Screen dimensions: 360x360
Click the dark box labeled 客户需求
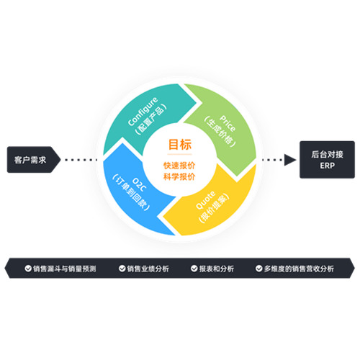[x=34, y=160]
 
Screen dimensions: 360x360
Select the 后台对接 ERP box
[x=327, y=160]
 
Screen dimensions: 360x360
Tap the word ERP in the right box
[x=327, y=166]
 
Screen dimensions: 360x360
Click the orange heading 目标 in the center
[x=180, y=145]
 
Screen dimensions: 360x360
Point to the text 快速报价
[x=179, y=166]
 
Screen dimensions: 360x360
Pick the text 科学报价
[x=179, y=177]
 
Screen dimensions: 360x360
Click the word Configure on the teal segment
[x=143, y=111]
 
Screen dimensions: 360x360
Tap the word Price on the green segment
[x=228, y=123]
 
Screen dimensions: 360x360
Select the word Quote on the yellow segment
[x=206, y=200]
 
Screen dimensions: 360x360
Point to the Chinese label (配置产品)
[x=150, y=120]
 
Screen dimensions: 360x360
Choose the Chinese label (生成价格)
[x=220, y=132]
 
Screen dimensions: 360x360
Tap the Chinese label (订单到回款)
[x=131, y=193]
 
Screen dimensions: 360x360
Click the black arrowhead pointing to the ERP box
[x=290, y=160]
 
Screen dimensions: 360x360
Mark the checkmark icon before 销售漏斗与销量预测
[x=28, y=269]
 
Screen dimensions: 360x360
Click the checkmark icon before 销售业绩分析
[x=122, y=269]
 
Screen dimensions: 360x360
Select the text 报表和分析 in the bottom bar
[x=217, y=269]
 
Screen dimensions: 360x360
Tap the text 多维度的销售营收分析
[x=299, y=269]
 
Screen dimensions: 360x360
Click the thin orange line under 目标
[x=179, y=154]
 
